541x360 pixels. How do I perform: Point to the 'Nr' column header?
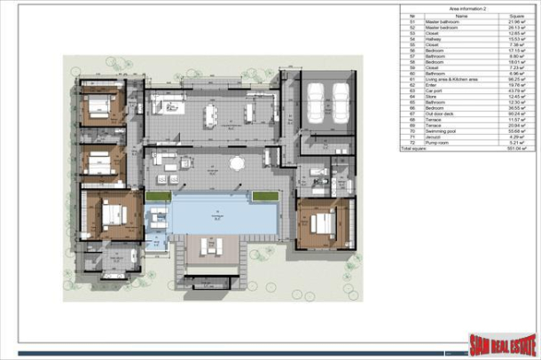click(411, 15)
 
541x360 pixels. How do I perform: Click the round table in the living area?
click(237, 163)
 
